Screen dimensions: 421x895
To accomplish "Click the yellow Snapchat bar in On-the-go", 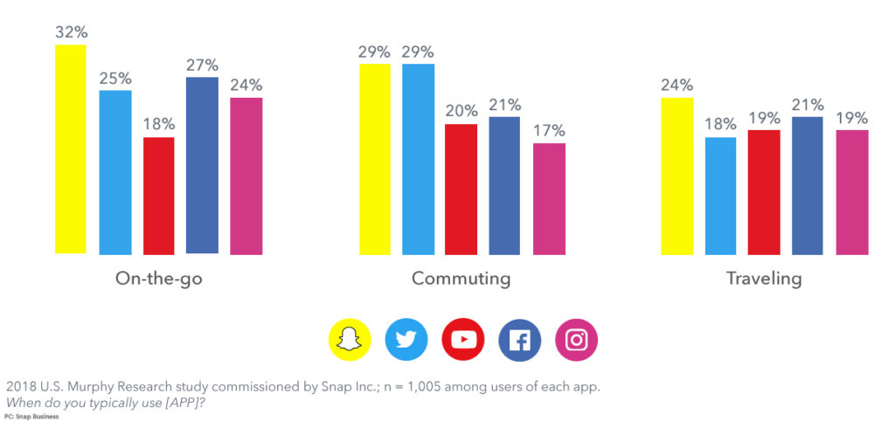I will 71,148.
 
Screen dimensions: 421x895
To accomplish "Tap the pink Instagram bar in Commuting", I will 549,198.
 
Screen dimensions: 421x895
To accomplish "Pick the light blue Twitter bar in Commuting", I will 418,159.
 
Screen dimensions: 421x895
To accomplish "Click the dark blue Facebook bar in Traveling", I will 807,185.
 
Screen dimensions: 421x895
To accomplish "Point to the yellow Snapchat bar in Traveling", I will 676,176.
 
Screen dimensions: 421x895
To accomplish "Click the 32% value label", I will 71,32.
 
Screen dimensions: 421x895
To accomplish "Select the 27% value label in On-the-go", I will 202,65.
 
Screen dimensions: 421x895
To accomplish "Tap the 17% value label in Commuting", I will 549,131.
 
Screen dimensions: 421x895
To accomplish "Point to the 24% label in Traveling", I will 676,85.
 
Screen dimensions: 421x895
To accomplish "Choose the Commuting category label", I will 461,279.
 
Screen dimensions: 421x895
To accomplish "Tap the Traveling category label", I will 763,279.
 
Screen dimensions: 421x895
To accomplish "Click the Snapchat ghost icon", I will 350,340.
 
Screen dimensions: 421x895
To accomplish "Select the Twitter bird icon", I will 406,340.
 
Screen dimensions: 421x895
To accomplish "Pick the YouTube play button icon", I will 463,340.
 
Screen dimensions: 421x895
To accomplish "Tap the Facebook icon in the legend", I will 520,340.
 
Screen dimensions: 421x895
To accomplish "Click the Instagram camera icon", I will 577,340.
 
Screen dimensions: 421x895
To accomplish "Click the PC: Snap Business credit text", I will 31,416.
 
